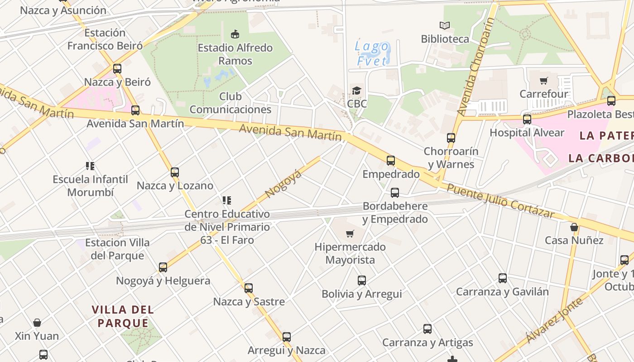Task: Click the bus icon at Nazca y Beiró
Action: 117,69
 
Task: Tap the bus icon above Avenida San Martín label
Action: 135,110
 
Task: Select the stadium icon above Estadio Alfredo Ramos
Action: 235,34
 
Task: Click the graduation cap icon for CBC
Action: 357,90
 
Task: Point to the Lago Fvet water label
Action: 372,53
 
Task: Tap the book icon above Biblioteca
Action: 445,26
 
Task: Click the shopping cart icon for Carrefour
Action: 543,81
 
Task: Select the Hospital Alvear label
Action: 527,133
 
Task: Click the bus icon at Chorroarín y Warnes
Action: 451,138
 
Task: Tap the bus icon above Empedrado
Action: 390,160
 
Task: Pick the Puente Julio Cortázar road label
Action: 500,201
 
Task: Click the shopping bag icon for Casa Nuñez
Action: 574,227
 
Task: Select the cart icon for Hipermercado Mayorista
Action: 350,233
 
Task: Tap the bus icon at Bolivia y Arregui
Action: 361,281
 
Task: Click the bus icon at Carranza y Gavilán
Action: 502,278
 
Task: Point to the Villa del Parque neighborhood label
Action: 123,316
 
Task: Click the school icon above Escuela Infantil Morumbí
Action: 90,166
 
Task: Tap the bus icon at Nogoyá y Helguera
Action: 163,267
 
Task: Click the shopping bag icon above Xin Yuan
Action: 37,323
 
